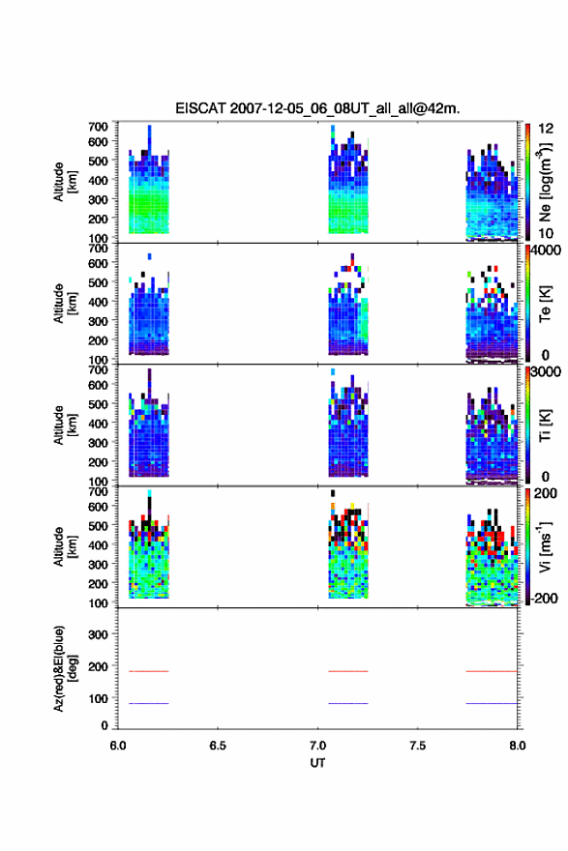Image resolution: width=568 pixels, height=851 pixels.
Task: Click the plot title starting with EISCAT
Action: (317, 108)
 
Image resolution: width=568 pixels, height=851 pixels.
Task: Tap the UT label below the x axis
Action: (317, 763)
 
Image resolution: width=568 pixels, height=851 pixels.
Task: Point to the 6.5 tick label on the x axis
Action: (217, 746)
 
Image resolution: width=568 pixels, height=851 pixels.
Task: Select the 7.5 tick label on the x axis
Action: (417, 746)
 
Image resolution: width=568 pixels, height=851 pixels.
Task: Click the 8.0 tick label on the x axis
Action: (517, 746)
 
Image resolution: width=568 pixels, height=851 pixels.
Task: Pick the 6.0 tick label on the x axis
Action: (118, 746)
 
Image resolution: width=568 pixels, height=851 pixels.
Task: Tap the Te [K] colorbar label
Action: (545, 304)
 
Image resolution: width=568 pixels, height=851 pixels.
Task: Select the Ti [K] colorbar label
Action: (545, 425)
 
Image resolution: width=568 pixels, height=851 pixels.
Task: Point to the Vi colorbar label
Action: (545, 546)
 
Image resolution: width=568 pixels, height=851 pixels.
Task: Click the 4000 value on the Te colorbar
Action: (546, 250)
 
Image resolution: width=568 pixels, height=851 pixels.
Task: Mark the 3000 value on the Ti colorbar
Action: (546, 371)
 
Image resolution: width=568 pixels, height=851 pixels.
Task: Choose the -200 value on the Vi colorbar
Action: (545, 598)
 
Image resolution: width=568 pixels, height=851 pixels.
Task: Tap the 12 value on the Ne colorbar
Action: (547, 129)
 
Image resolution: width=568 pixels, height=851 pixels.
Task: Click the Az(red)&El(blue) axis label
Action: (65, 668)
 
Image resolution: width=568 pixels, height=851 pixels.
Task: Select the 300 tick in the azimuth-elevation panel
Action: (98, 634)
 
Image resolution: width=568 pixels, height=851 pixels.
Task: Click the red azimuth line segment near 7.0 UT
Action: (348, 671)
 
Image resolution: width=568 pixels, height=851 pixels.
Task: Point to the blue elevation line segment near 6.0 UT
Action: (149, 703)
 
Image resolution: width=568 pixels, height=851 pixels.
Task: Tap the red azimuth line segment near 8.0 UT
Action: (492, 671)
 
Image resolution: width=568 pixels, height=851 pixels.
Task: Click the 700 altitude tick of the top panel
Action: (98, 127)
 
